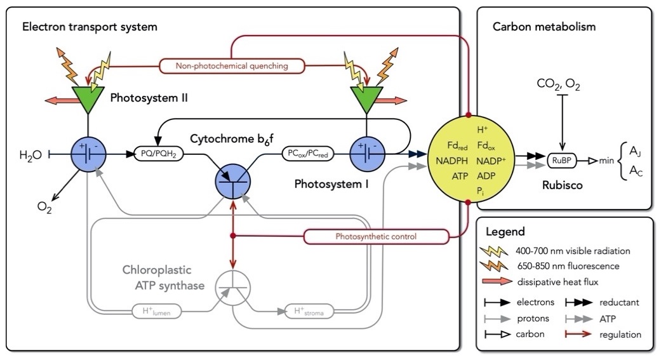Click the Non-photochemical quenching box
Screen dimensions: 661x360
tap(232, 66)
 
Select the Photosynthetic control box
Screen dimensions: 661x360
tap(376, 236)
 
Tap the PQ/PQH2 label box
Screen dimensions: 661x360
tap(159, 154)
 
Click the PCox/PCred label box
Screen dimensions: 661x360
tap(308, 154)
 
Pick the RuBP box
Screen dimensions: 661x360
tap(561, 161)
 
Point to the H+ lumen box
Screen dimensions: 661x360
tap(156, 312)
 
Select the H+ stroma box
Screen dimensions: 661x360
tap(309, 312)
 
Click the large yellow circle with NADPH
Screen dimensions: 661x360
tap(471, 159)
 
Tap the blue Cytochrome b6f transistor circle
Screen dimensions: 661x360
tap(232, 182)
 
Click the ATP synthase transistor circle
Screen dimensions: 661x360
tap(232, 288)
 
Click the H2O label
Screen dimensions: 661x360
tap(30, 155)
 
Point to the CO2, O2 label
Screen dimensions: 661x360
tap(558, 84)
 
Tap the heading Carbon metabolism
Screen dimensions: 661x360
tap(544, 27)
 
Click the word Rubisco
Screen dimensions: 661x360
tap(563, 185)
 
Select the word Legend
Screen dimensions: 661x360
tap(505, 231)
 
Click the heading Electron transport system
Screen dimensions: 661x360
tap(90, 27)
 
